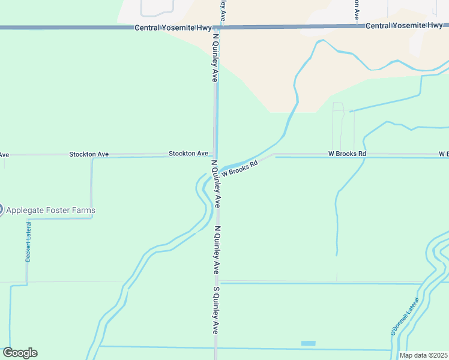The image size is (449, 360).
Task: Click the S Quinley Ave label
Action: coord(215,310)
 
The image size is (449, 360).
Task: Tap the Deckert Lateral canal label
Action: coord(28,241)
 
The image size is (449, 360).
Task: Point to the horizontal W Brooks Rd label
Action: coord(347,154)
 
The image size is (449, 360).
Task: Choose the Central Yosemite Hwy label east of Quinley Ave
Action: coord(404,26)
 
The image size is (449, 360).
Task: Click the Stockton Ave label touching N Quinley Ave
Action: coord(188,154)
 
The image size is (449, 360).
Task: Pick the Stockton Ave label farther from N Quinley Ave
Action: coord(89,154)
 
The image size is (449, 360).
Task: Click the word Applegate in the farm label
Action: coord(28,211)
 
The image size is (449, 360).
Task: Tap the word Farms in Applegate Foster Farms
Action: coord(83,211)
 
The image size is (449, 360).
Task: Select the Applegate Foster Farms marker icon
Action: coord(1,210)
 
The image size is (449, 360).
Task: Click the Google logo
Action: coord(20,353)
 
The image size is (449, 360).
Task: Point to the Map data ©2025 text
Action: coord(424,355)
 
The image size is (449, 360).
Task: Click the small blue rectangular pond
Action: coord(308,343)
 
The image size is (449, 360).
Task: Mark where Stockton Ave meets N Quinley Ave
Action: coord(215,154)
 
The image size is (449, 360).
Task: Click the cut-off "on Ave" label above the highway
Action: coord(357,10)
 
